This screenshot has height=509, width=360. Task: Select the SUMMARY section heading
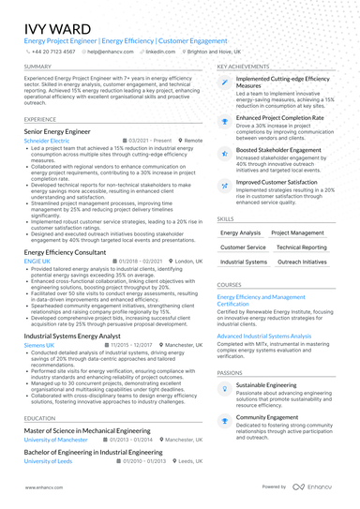tap(38, 67)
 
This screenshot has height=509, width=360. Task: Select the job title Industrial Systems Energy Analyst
tap(72, 335)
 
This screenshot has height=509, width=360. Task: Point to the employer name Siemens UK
tap(40, 344)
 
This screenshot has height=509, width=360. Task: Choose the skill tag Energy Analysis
tap(240, 232)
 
